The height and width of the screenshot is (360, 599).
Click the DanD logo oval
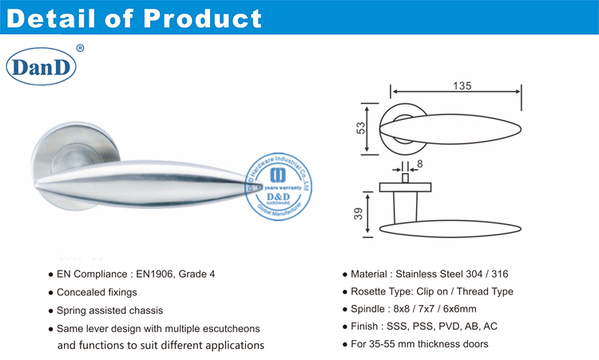click(41, 67)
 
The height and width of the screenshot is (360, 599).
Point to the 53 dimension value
click(360, 128)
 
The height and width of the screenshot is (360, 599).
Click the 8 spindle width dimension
click(420, 164)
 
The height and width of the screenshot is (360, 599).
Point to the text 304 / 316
click(485, 274)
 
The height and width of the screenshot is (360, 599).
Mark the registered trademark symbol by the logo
click(79, 49)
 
